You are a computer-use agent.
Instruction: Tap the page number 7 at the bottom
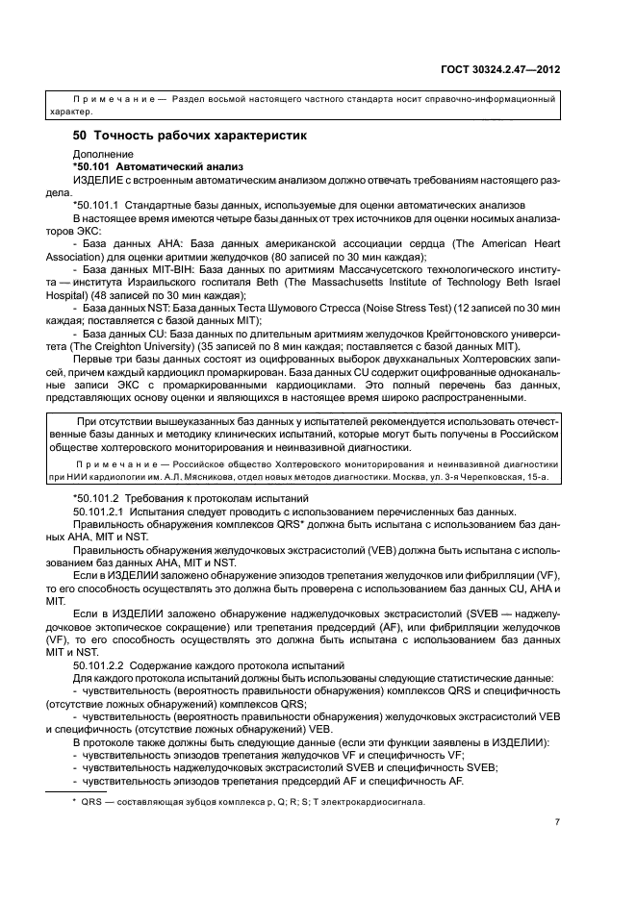(x=557, y=822)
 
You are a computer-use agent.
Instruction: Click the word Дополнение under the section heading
(x=100, y=154)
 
